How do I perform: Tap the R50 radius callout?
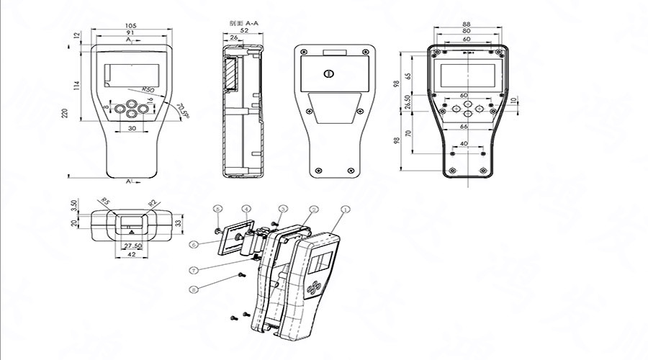pyautogui.click(x=149, y=89)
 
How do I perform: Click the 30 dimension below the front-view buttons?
pyautogui.click(x=132, y=127)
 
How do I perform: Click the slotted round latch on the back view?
pyautogui.click(x=330, y=73)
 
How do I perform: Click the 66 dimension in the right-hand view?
pyautogui.click(x=464, y=126)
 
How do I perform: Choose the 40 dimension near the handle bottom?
pyautogui.click(x=463, y=143)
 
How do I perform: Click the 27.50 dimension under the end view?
pyautogui.click(x=131, y=246)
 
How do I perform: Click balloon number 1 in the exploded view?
pyautogui.click(x=345, y=209)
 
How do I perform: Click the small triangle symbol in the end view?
pyautogui.click(x=131, y=233)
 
